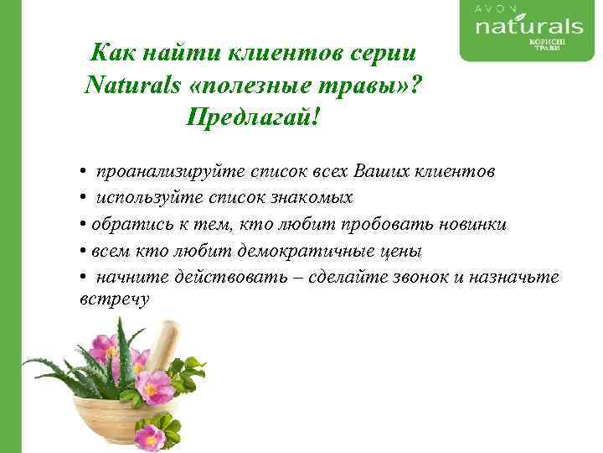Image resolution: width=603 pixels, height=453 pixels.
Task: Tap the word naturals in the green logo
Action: pyautogui.click(x=528, y=27)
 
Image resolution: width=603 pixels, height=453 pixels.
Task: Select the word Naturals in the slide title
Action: pyautogui.click(x=134, y=84)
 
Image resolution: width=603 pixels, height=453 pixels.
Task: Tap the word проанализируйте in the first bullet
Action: pyautogui.click(x=171, y=171)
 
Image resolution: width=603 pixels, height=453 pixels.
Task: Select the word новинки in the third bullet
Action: pyautogui.click(x=473, y=224)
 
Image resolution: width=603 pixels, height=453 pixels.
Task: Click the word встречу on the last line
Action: pyautogui.click(x=115, y=298)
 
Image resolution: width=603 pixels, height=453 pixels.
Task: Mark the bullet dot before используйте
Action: pyautogui.click(x=85, y=198)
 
